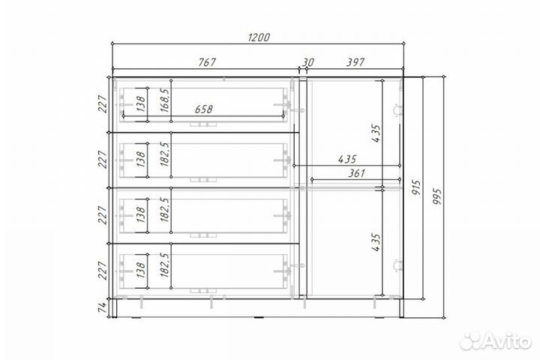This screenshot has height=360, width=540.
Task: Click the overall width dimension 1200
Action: click(x=259, y=37)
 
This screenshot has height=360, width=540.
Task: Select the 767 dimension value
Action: click(x=207, y=62)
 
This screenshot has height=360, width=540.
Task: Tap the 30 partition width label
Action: click(x=308, y=62)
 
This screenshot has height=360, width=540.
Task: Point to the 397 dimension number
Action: click(x=355, y=62)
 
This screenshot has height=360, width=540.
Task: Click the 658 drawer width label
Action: click(x=203, y=109)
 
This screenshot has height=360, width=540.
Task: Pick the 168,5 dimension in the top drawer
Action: click(x=164, y=100)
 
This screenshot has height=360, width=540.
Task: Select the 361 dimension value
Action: click(x=356, y=173)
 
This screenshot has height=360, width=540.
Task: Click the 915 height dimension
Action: click(x=416, y=187)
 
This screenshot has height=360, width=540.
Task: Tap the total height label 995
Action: click(x=436, y=196)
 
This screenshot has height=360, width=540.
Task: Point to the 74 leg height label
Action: click(x=103, y=307)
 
